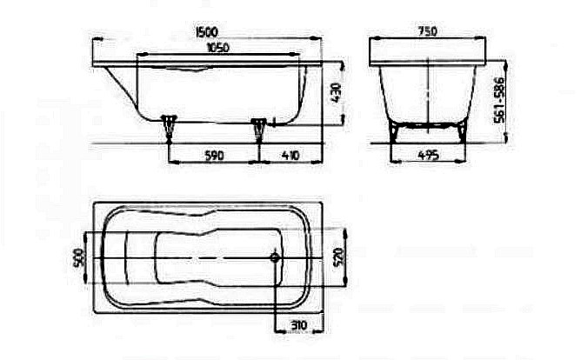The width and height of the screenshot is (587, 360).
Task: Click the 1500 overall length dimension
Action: (x=207, y=32)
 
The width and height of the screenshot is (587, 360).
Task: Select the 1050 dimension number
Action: (x=218, y=48)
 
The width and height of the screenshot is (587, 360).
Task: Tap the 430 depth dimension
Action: (x=335, y=93)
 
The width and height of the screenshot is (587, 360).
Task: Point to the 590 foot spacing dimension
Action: (x=215, y=156)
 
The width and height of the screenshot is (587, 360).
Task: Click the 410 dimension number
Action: (x=290, y=155)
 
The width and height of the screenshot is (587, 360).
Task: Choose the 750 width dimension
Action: (x=427, y=31)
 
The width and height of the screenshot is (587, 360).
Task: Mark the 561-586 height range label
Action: (x=499, y=100)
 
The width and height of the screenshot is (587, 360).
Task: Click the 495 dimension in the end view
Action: (x=428, y=155)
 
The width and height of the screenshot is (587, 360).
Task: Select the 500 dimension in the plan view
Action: (x=79, y=258)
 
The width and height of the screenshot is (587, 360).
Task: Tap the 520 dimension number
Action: (x=338, y=257)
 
